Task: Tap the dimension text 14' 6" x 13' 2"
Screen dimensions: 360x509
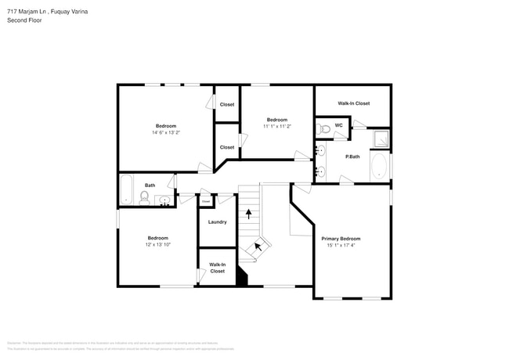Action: (165, 132)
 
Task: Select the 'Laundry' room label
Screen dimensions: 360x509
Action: (217, 221)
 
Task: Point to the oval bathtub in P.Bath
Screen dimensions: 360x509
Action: (378, 167)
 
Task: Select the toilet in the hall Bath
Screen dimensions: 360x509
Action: (145, 196)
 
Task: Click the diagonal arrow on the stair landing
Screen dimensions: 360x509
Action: (258, 248)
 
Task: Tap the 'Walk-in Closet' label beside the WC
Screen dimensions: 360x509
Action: (353, 103)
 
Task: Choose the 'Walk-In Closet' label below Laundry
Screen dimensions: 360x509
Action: (217, 268)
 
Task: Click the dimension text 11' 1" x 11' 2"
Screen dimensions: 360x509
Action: (276, 126)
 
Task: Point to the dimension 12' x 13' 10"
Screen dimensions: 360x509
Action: (159, 245)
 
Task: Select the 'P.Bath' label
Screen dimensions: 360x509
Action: (352, 157)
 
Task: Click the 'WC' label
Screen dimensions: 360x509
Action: (339, 124)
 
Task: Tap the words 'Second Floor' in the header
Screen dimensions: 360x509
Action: (24, 20)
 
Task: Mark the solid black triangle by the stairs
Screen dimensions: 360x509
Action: (242, 277)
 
